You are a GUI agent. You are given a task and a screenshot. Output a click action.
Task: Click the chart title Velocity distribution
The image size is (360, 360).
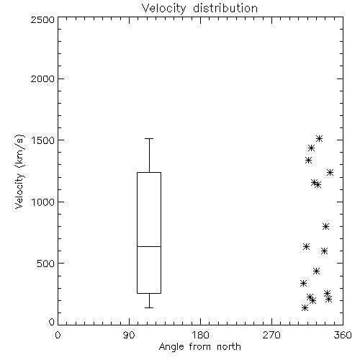click(x=199, y=8)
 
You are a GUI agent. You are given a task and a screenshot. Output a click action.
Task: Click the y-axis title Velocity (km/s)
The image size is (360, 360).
click(x=19, y=171)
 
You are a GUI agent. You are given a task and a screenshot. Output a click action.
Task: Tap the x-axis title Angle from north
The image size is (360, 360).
click(x=199, y=347)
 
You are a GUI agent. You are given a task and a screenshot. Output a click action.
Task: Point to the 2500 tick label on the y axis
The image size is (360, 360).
click(x=42, y=19)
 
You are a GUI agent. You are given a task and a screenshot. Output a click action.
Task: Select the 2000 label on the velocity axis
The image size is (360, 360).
click(x=42, y=79)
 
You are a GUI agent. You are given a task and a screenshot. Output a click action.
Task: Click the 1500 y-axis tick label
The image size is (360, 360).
click(x=43, y=140)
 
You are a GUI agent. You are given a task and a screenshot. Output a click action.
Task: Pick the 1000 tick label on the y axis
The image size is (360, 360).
click(x=43, y=202)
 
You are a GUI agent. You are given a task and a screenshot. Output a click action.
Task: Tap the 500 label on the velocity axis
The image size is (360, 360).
click(x=46, y=264)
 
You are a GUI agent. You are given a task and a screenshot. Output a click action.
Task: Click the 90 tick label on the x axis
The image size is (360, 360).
click(x=129, y=335)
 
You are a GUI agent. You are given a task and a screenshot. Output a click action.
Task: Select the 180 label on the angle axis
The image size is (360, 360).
click(x=200, y=335)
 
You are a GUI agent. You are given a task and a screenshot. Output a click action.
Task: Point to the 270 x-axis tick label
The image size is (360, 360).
click(x=271, y=335)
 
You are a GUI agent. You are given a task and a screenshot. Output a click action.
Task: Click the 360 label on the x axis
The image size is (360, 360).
click(x=343, y=335)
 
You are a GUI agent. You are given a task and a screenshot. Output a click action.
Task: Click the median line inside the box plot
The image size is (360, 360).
click(x=149, y=246)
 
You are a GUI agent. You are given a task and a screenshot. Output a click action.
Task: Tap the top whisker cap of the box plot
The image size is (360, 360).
click(x=149, y=138)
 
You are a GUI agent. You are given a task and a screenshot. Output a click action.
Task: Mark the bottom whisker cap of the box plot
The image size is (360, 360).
click(x=149, y=307)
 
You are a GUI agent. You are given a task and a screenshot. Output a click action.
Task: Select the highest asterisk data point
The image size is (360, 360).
click(x=319, y=138)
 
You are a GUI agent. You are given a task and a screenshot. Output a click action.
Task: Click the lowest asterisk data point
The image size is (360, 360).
click(x=305, y=307)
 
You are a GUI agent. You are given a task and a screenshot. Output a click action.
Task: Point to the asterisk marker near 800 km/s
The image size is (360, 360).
click(x=325, y=226)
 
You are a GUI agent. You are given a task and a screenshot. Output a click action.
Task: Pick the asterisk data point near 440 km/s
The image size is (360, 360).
click(x=316, y=271)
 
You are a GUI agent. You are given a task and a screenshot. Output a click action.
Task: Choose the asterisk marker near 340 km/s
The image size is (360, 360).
click(x=303, y=284)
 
